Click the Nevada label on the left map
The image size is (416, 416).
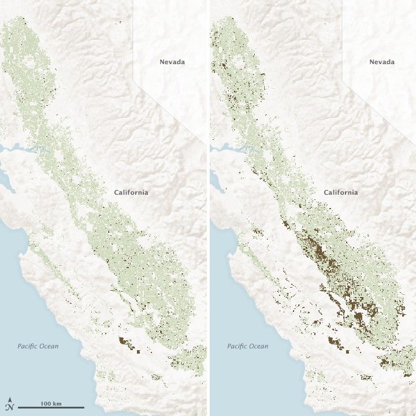[x=172, y=62]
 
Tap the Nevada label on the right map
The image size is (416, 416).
[x=382, y=62]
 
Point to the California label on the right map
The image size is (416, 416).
[x=340, y=192]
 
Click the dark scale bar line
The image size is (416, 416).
[x=51, y=408]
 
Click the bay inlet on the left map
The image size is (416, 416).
[x=17, y=149]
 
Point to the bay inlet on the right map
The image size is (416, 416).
[x=227, y=149]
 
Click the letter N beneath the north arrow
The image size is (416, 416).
[x=10, y=407]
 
